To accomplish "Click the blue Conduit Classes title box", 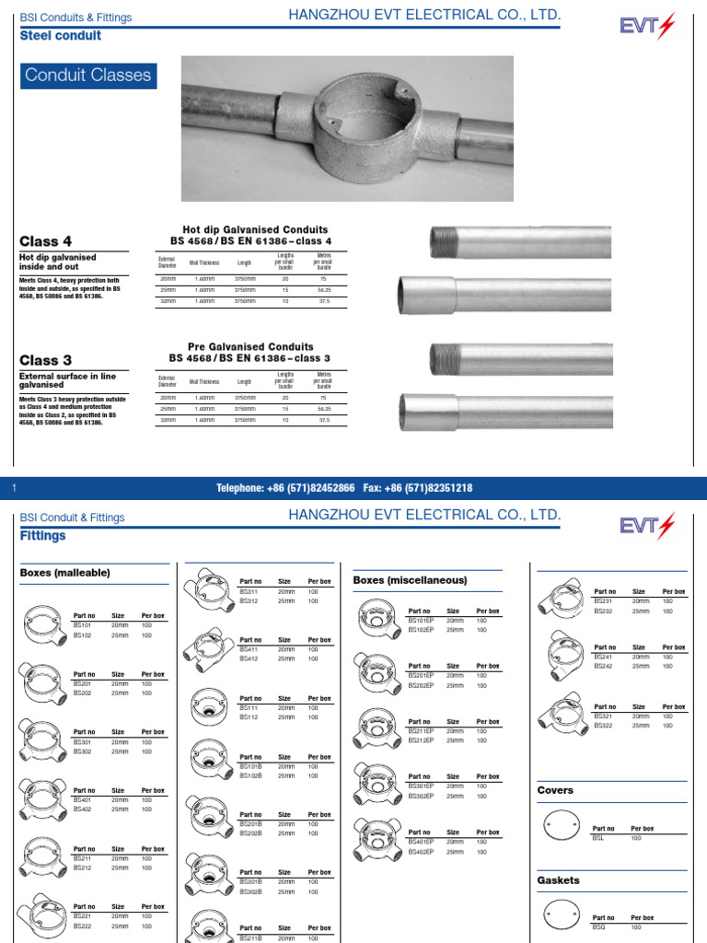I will pos(88,76).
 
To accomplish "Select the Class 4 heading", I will pos(46,241).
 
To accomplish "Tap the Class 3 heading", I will pos(46,360).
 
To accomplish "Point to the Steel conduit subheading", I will pos(61,36).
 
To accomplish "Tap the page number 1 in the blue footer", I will pos(15,488).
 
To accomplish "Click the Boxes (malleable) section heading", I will pos(64,573).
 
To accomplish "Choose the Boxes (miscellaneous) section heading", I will pos(410,580).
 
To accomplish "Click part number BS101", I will pos(83,624).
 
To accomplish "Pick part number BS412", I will pos(249,658).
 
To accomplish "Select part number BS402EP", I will pos(423,852).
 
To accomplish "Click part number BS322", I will pos(603,726).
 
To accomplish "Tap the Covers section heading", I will pos(555,790).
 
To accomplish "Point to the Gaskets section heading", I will pos(559,880).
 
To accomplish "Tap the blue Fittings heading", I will pos(43,535).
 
